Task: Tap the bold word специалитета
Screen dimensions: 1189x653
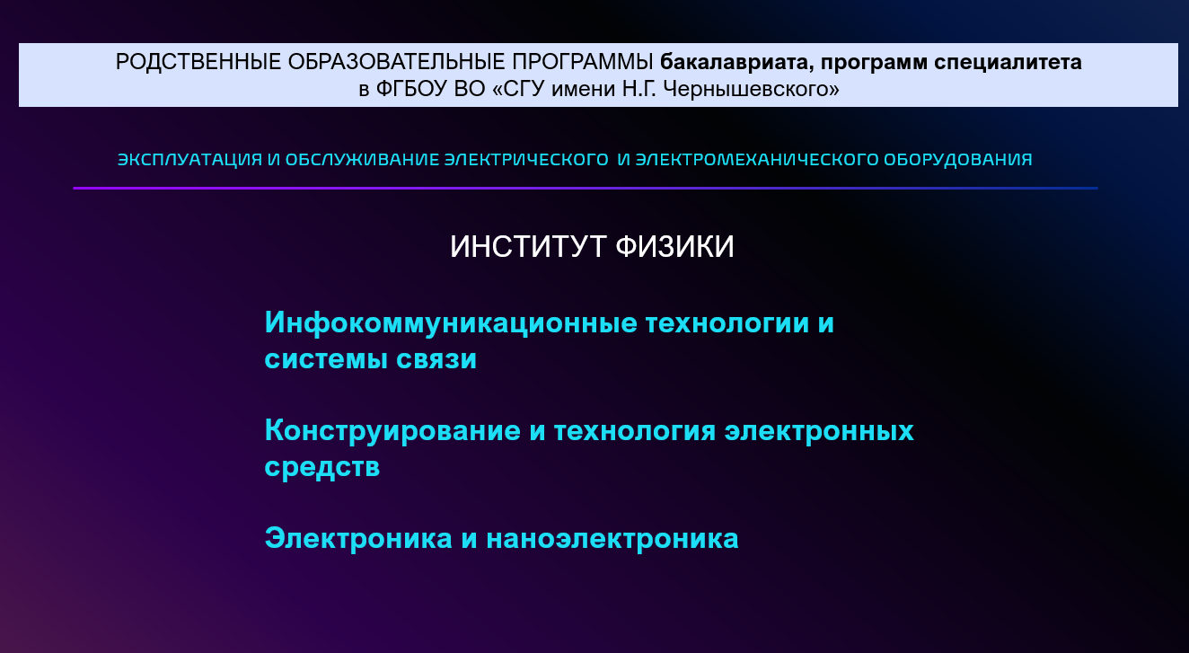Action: coord(1008,63)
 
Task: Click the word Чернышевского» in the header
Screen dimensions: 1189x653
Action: coord(752,89)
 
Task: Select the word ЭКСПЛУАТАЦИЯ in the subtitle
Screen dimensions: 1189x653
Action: coord(190,159)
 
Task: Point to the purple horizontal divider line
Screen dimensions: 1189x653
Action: coord(586,188)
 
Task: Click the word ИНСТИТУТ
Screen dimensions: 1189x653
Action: coord(528,247)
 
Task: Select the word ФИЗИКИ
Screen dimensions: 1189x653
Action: coord(674,247)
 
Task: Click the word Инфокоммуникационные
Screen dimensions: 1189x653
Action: coord(451,322)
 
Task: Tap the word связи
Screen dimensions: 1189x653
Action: coord(436,359)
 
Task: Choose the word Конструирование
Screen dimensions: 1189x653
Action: coord(392,430)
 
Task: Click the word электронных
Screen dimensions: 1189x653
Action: coord(819,431)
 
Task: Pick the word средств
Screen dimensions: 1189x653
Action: coord(322,467)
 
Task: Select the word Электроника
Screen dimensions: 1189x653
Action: coord(358,538)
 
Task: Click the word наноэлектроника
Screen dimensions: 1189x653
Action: coord(612,539)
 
